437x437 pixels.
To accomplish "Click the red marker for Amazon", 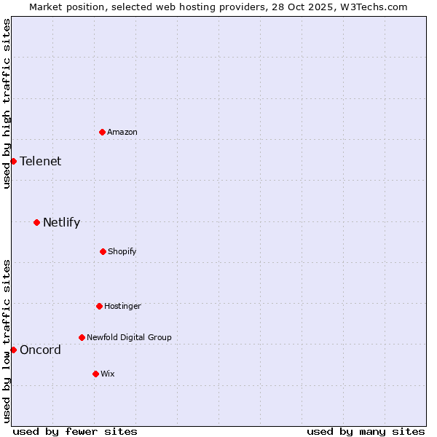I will click(103, 132).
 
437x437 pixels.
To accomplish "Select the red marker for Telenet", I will click(13, 161).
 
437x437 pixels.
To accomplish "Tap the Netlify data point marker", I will click(36, 222).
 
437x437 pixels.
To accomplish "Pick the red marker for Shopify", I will click(103, 251).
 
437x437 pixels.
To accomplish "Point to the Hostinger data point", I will click(99, 306).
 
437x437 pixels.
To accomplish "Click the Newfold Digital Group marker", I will click(82, 337).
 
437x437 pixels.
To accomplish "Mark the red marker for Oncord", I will click(13, 350).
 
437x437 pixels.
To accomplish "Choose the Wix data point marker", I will click(95, 374).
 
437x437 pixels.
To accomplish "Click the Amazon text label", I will click(122, 132).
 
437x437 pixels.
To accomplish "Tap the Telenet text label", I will click(41, 162).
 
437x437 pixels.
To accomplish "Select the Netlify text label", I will click(61, 223).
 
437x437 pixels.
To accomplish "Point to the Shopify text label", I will click(122, 251).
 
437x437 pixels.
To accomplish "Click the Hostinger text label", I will click(122, 306).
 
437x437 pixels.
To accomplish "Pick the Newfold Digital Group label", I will click(129, 337).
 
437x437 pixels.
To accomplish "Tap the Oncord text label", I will click(41, 350).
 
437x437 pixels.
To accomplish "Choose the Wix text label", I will click(108, 374).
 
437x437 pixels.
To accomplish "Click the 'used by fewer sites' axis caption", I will click(75, 431).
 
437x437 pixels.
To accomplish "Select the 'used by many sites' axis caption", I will click(366, 431).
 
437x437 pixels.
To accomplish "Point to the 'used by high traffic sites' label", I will click(7, 103).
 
